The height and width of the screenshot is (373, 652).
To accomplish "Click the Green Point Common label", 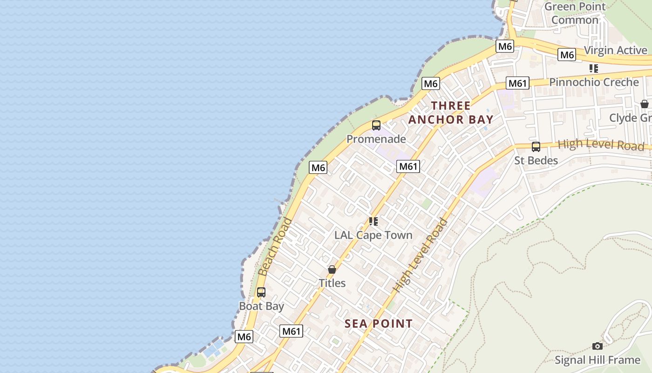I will point(575,13).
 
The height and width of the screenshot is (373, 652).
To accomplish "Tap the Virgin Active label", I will point(615,50).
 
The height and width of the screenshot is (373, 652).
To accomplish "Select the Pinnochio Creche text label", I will point(594,82).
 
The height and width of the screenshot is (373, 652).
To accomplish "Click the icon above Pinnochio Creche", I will point(594,69).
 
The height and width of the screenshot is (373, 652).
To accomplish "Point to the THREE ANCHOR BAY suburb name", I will point(450,112).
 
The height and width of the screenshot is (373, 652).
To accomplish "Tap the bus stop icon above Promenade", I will point(376,125).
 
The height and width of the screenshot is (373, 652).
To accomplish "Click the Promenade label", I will point(376,139).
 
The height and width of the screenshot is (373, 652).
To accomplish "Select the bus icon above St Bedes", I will point(536,147).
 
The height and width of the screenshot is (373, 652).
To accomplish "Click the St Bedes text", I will point(536,161).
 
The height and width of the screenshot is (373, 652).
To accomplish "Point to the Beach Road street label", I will point(275,247).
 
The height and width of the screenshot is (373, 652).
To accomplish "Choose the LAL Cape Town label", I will point(374,235).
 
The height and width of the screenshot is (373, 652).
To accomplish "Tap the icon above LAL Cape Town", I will point(374,221).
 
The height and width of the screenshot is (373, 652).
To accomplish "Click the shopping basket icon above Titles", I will point(332,269).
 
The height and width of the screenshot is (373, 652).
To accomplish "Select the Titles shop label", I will point(332,283).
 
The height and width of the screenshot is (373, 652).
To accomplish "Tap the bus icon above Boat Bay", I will point(261,292).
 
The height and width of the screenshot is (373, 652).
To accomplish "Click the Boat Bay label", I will point(261,306).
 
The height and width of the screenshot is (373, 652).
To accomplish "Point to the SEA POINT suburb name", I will point(379,324).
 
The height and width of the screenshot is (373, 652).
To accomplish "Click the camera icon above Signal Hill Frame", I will point(598,346).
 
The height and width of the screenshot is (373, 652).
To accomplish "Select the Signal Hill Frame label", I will point(598,360).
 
